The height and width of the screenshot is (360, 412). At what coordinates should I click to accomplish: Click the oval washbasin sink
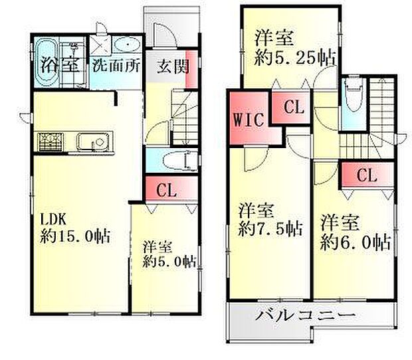click(x=125, y=45)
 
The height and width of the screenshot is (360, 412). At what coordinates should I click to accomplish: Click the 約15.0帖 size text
click(x=73, y=236)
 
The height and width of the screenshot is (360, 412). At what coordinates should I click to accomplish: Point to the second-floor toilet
click(x=352, y=100)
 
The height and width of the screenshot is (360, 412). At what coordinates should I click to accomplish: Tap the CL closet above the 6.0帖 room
click(x=367, y=175)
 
